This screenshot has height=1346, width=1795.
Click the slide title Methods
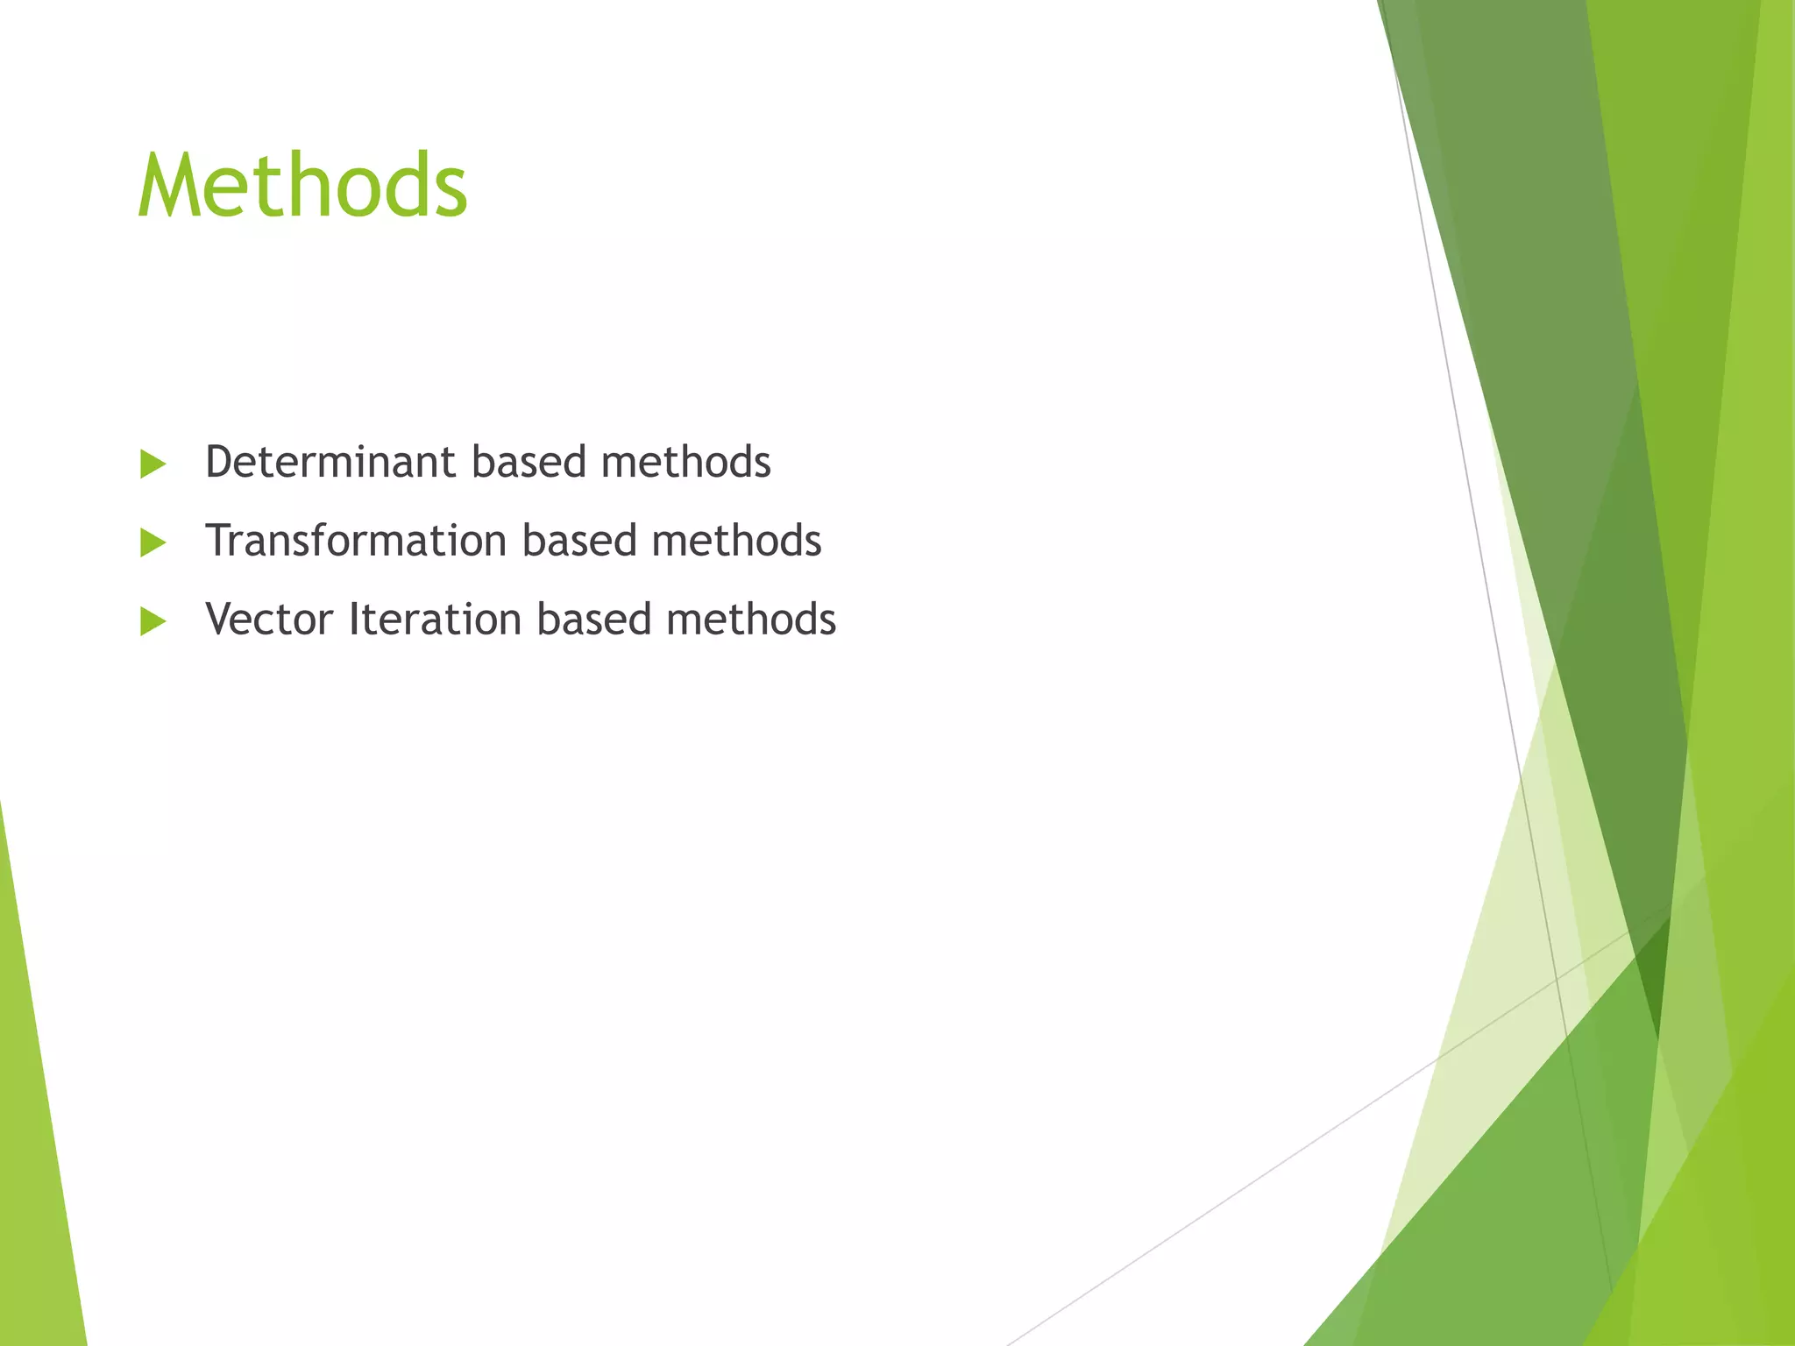[302, 186]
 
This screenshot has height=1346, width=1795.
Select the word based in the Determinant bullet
[529, 462]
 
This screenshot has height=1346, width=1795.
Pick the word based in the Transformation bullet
[579, 541]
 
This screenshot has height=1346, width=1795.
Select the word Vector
[269, 620]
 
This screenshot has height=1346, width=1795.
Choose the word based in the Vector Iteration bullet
[594, 620]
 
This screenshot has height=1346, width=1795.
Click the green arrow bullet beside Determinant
[153, 464]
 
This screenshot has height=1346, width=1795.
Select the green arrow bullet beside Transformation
[153, 543]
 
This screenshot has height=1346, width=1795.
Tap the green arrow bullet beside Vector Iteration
[153, 622]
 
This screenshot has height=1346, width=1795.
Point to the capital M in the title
[172, 186]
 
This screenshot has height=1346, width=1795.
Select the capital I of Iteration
[354, 620]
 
